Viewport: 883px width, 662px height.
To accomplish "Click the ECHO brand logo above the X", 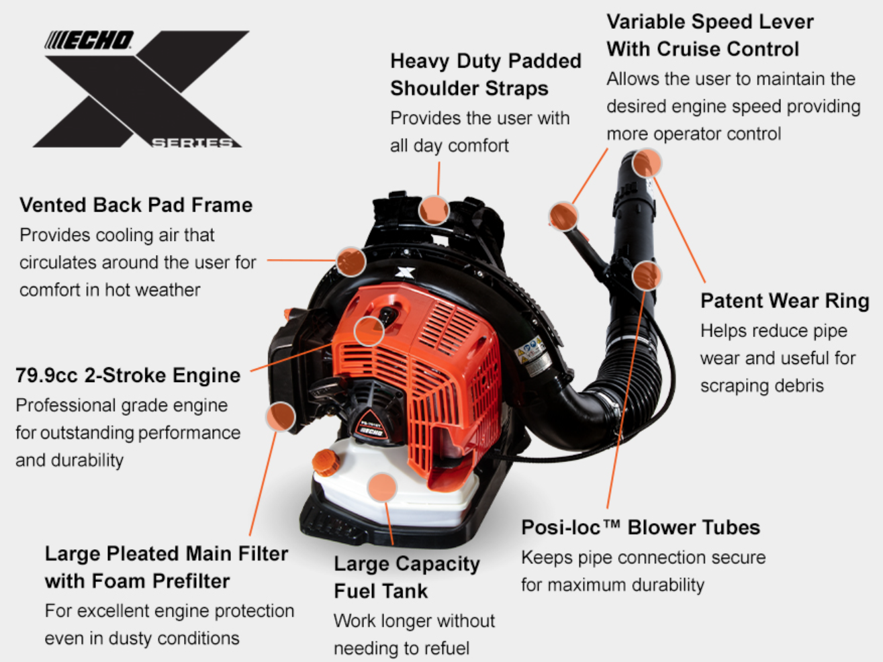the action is (x=89, y=40).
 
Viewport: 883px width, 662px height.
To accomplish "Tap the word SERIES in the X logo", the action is (x=193, y=143).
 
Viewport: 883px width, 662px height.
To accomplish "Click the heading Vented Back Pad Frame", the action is (x=136, y=205).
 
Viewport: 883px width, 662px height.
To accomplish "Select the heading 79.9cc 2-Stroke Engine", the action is (x=128, y=375).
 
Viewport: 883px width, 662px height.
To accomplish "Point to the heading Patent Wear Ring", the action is (x=785, y=301).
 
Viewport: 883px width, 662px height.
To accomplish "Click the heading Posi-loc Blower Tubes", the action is (x=641, y=527).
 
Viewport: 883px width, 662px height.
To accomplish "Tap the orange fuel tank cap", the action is (x=326, y=462).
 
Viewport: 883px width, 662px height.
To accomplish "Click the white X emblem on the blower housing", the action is (x=405, y=273).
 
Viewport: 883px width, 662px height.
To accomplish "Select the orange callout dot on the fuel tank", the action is (x=382, y=487).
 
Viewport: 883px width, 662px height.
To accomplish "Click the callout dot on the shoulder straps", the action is (x=434, y=210).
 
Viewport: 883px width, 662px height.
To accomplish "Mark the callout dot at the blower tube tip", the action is (x=647, y=162).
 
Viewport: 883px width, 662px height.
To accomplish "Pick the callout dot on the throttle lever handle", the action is (x=563, y=216).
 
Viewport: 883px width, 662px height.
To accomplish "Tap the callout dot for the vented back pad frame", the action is (x=351, y=261).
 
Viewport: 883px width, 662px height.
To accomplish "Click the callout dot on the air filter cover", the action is (x=281, y=417).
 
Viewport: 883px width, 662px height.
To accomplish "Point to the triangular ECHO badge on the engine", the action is (x=371, y=426).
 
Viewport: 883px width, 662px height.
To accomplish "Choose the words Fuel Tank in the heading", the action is (x=381, y=592).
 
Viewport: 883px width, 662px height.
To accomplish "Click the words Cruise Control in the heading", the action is (x=728, y=49).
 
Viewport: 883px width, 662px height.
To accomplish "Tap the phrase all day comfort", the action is (x=449, y=146).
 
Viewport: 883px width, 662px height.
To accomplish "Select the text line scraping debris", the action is (x=762, y=385).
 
